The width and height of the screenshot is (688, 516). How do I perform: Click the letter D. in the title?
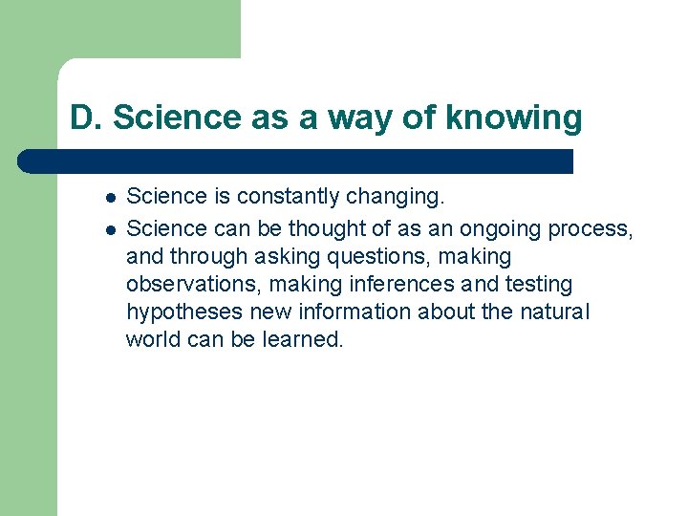pos(85,118)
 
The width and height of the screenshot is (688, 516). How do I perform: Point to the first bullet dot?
pos(111,199)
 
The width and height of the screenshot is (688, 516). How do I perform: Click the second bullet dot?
pos(111,230)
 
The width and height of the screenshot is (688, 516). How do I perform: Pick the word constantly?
pos(288,197)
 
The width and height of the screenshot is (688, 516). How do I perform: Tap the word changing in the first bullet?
pos(397,198)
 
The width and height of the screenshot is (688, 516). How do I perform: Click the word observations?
pos(190,285)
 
